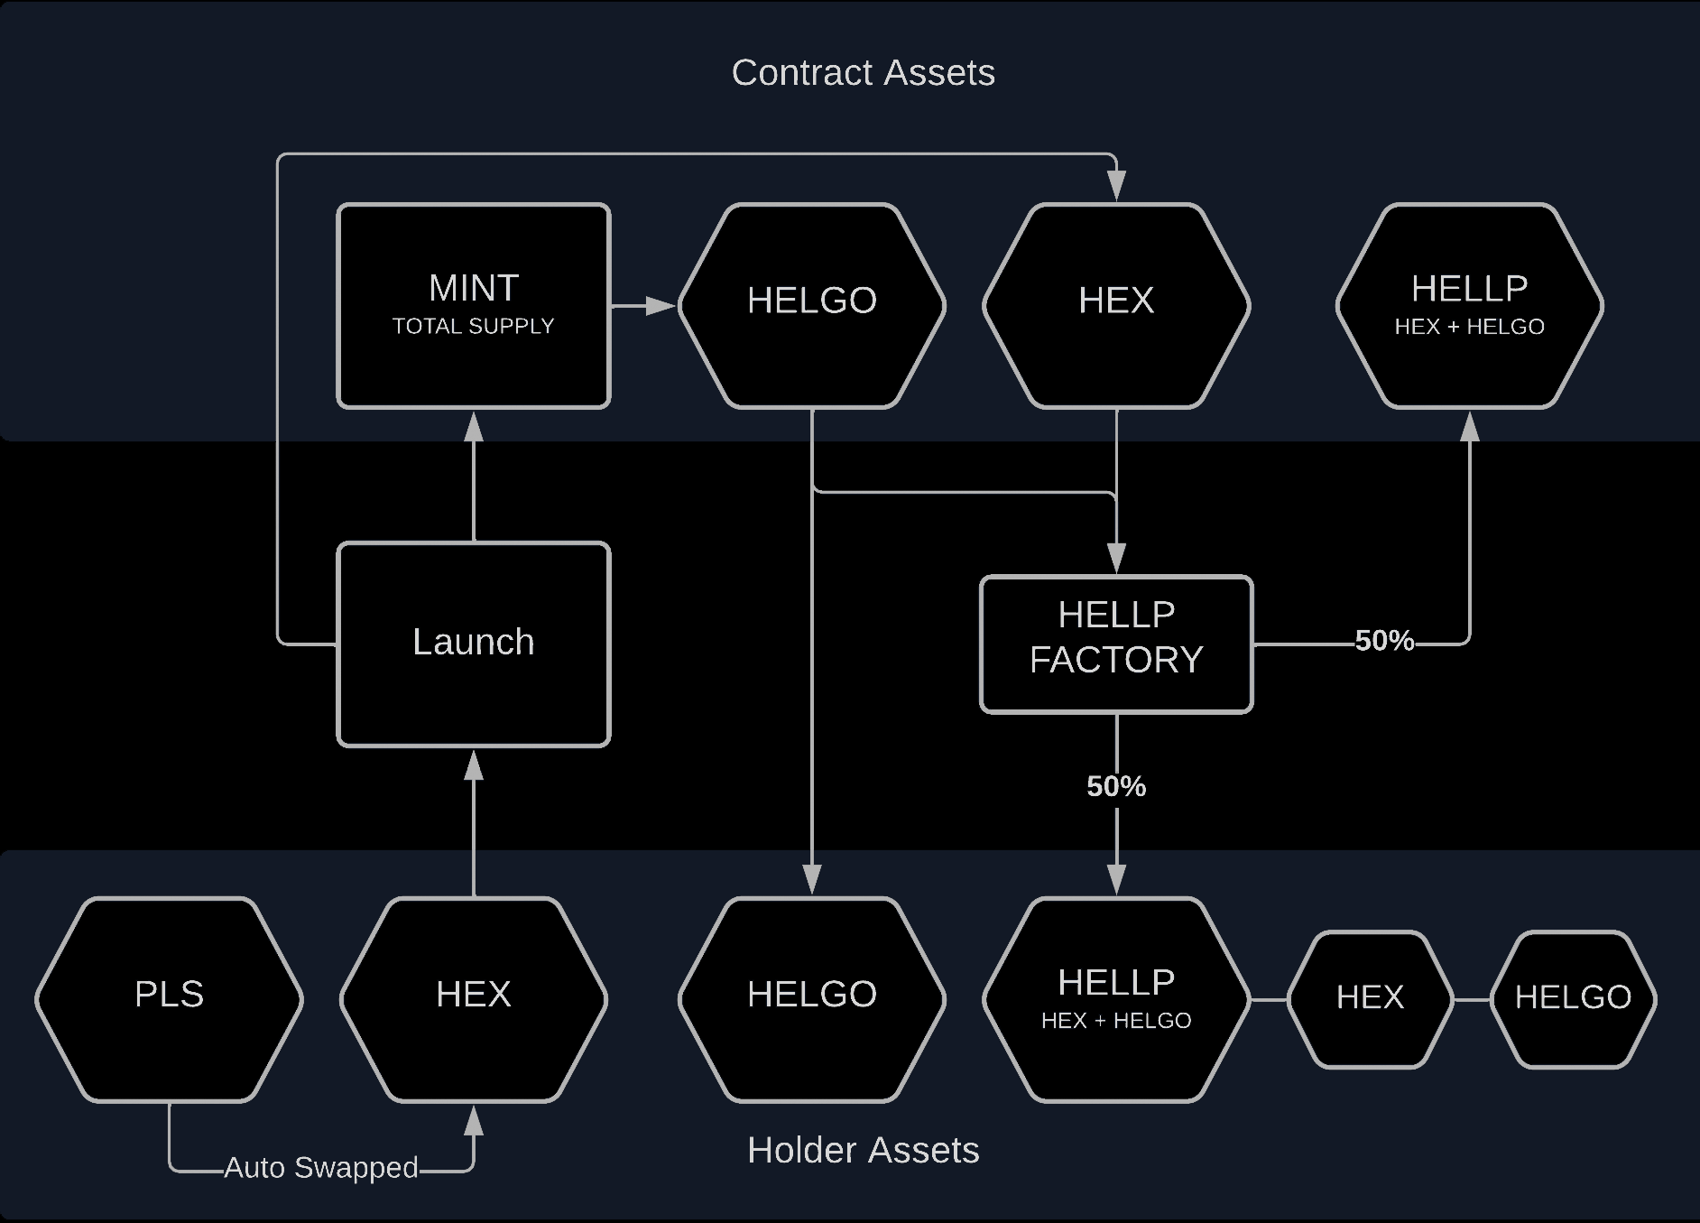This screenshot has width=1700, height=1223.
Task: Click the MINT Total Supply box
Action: (474, 306)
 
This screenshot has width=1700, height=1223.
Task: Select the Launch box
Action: (474, 644)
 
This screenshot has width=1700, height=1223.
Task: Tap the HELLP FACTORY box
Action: (1116, 644)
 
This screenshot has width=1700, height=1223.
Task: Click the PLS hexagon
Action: (170, 999)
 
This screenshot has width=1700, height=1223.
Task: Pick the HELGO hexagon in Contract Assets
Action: (812, 306)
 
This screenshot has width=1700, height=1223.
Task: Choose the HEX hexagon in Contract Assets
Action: (1116, 306)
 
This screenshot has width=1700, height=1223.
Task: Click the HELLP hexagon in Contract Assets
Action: (1469, 306)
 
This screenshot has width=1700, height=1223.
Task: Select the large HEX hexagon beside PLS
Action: (474, 999)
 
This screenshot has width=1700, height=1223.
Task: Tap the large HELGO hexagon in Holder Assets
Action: (812, 999)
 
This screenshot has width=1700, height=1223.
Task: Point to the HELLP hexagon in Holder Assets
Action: (1116, 999)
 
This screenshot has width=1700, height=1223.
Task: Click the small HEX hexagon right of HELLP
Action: (1370, 999)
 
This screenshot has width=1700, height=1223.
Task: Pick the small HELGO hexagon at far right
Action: (1573, 999)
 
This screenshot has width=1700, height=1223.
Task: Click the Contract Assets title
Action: (863, 73)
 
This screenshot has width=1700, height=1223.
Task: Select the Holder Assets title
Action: (863, 1151)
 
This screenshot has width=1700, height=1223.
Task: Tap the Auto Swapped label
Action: (321, 1168)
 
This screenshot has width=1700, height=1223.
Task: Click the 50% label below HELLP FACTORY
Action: (1116, 787)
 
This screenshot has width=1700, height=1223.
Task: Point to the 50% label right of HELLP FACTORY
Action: (1384, 641)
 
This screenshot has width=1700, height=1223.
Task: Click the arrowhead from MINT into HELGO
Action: (663, 306)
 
